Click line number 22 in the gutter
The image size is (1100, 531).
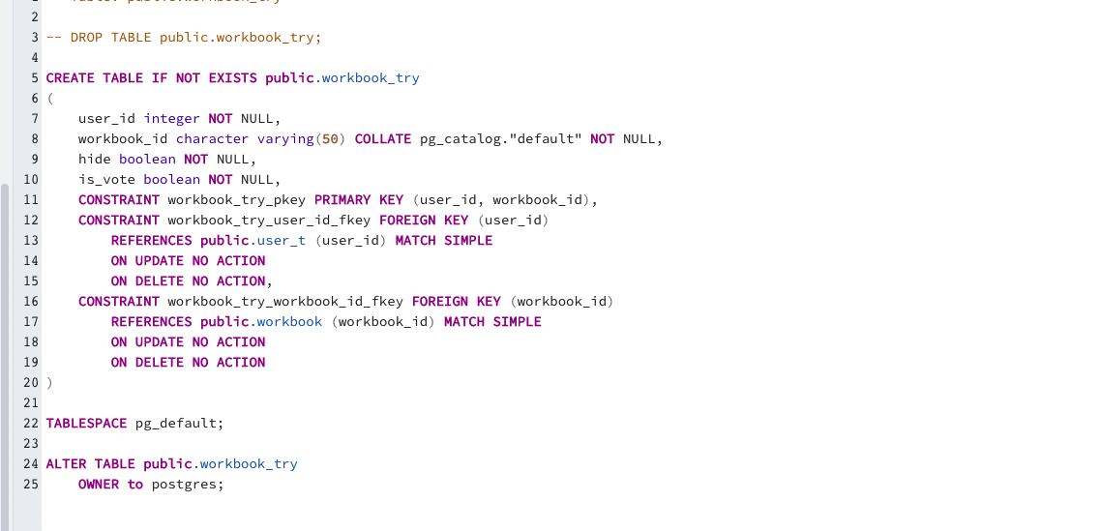coord(30,423)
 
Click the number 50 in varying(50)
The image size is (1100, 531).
coord(330,138)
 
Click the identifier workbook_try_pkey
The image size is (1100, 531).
coord(236,199)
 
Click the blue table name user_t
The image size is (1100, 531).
coord(282,240)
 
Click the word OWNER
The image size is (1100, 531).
coord(99,484)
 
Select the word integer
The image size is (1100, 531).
coord(171,118)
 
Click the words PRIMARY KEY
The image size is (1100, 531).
coord(359,199)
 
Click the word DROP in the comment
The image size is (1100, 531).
coord(86,37)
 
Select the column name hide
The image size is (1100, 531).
coord(95,159)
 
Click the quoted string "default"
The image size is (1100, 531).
coord(545,138)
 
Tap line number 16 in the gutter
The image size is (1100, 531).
coord(30,301)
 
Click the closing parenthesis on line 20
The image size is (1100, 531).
coord(49,382)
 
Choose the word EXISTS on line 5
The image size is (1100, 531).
coord(233,77)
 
